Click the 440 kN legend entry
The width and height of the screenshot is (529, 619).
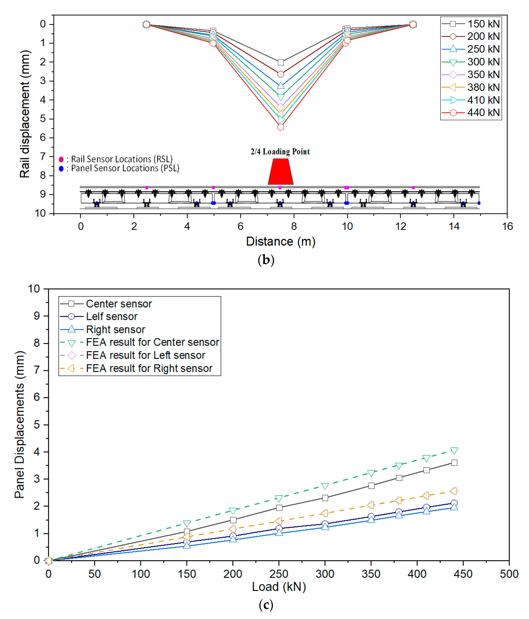pos(471,113)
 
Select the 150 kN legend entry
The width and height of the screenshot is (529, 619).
pos(471,24)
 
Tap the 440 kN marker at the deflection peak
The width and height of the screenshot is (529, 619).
pos(281,127)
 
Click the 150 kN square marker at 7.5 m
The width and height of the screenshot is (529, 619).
pos(281,62)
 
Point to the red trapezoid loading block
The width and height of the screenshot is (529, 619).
pos(281,172)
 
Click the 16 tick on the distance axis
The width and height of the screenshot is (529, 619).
pos(507,226)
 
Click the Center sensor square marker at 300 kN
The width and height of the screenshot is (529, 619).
pos(325,498)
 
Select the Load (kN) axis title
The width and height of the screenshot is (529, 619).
pos(279,587)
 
